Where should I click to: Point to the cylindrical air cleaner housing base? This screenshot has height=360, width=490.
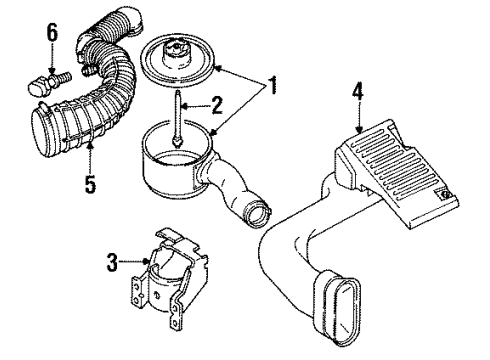[175, 170]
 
